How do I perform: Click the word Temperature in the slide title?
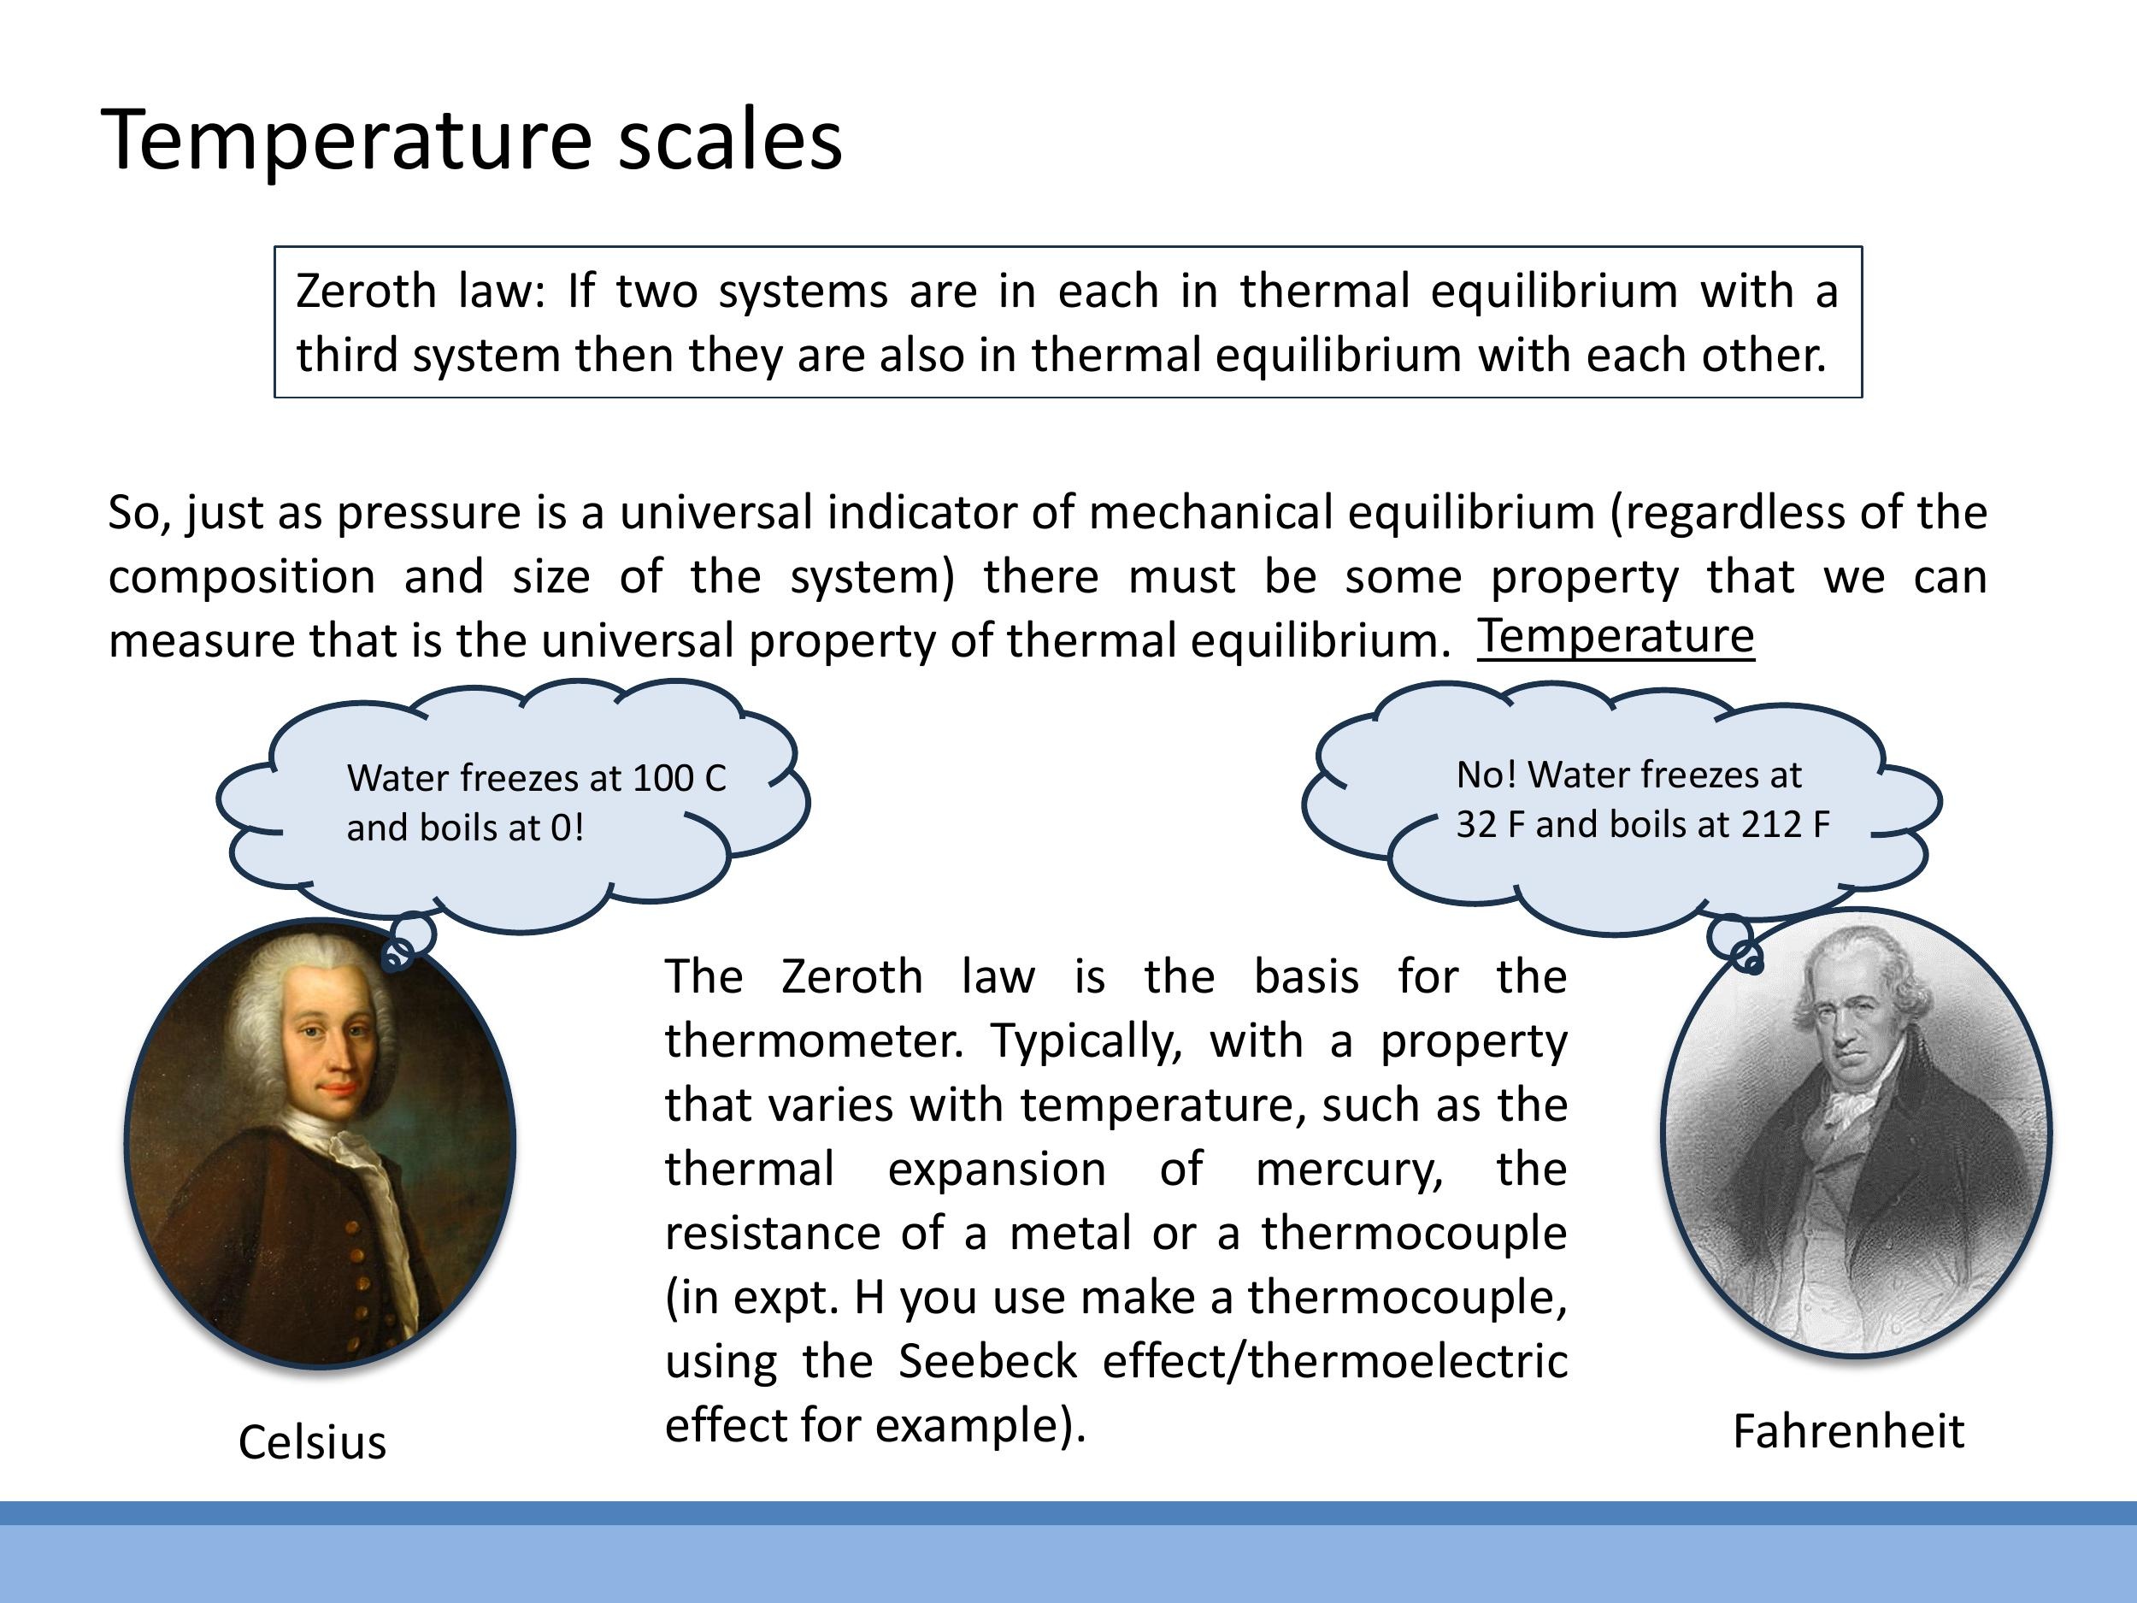pyautogui.click(x=346, y=141)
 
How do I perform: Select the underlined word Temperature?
pyautogui.click(x=1616, y=637)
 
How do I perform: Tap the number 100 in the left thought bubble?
pyautogui.click(x=662, y=779)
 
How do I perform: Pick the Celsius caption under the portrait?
pyautogui.click(x=312, y=1442)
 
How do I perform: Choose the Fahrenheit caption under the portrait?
pyautogui.click(x=1848, y=1432)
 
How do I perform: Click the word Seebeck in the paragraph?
pyautogui.click(x=987, y=1361)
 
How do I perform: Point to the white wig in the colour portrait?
pyautogui.click(x=280, y=1005)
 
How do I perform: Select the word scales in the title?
pyautogui.click(x=729, y=141)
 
